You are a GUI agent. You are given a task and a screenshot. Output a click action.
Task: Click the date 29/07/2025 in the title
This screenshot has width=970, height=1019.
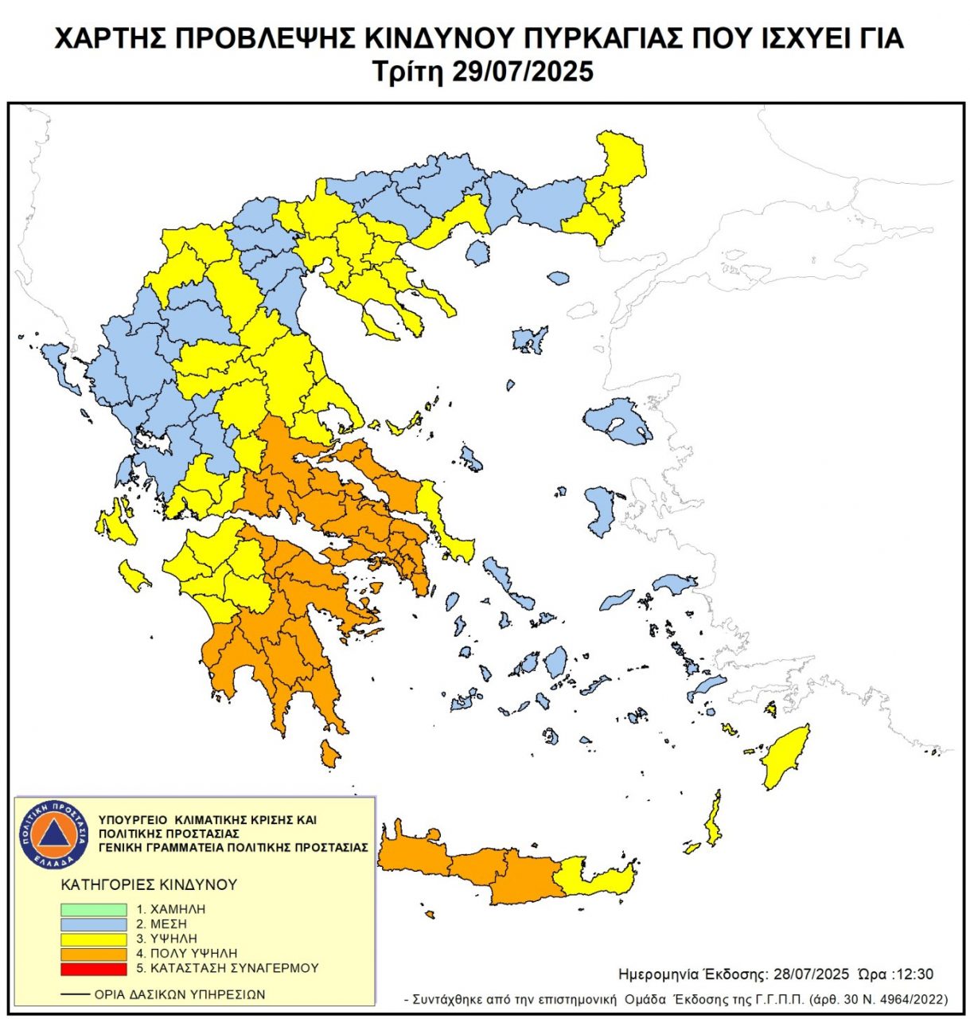pyautogui.click(x=523, y=72)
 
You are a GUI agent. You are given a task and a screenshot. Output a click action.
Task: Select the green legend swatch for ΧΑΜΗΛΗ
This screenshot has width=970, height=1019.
pyautogui.click(x=94, y=909)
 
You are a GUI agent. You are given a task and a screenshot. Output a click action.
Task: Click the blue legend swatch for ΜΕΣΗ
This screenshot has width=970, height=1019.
pyautogui.click(x=94, y=924)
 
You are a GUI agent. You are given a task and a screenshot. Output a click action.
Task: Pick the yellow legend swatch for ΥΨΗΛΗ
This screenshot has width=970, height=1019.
pyautogui.click(x=94, y=939)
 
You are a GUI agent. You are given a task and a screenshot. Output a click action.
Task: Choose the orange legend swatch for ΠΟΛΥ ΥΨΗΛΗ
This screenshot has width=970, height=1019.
pyautogui.click(x=94, y=954)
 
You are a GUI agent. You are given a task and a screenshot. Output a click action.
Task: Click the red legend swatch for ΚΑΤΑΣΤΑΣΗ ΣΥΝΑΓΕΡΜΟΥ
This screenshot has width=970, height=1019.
pyautogui.click(x=94, y=969)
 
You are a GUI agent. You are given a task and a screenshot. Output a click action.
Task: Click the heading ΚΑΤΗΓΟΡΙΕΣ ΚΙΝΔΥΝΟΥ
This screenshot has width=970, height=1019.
pyautogui.click(x=149, y=884)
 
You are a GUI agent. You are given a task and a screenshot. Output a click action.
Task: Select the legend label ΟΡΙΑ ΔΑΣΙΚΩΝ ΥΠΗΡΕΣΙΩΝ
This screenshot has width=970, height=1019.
pyautogui.click(x=180, y=994)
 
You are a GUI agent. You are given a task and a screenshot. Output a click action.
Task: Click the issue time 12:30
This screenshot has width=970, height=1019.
pyautogui.click(x=915, y=974)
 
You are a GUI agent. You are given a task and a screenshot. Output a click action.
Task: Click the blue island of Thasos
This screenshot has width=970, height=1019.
pyautogui.click(x=477, y=253)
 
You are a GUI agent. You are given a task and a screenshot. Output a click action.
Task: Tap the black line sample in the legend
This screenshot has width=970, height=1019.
pyautogui.click(x=75, y=994)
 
